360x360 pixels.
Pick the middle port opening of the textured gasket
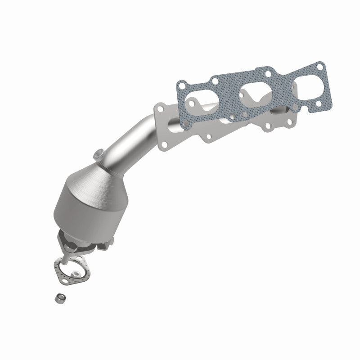tap(254, 90)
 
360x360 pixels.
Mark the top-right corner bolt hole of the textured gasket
tap(320, 67)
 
